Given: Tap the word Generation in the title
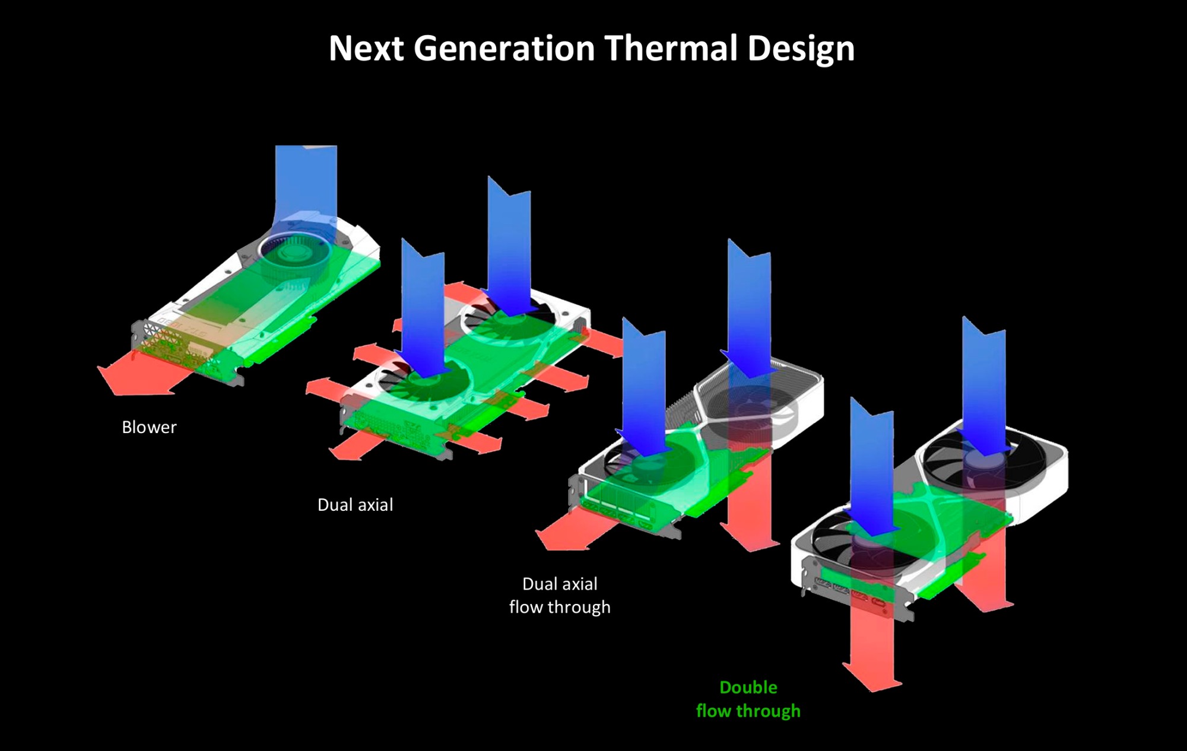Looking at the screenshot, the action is [x=504, y=48].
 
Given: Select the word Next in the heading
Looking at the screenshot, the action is [x=366, y=48].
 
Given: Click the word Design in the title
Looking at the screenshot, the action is [x=801, y=49].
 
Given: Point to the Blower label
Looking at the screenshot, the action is [x=149, y=427].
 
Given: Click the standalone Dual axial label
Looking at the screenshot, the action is [x=355, y=505].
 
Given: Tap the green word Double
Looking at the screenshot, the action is [x=748, y=688].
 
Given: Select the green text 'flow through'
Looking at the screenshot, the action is [x=748, y=711].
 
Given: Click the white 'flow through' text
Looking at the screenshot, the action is [x=560, y=607].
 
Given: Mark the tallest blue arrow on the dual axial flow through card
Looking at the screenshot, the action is [x=750, y=308].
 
